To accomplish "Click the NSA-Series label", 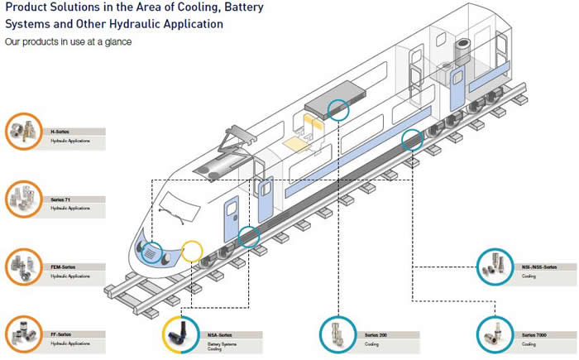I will coord(220,334).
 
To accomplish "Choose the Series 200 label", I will coord(377,334).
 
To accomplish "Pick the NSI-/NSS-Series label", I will coord(540,267).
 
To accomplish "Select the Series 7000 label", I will coord(534,334).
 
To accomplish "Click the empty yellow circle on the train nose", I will coord(192,250).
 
